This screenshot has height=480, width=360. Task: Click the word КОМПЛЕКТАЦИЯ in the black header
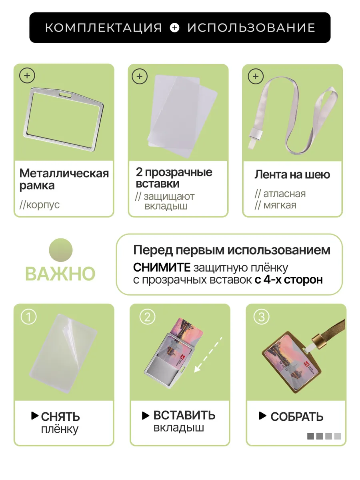103,28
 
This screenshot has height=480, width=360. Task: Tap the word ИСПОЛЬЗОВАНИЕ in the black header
251,28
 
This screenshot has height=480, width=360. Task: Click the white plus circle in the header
175,28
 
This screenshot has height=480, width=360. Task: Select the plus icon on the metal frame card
27,76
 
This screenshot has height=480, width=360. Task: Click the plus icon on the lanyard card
256,76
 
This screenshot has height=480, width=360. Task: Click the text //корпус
39,205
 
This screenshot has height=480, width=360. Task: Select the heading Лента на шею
292,175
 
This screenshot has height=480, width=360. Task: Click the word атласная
284,194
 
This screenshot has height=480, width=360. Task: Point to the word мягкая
280,205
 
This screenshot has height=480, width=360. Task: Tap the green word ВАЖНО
60,274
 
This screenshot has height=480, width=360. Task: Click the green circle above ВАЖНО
60,250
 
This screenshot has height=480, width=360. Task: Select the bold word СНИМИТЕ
162,268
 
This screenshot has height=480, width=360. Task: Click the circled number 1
28,317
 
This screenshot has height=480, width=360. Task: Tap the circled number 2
147,317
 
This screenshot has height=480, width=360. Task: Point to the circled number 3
262,317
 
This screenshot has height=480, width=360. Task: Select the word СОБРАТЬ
297,417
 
